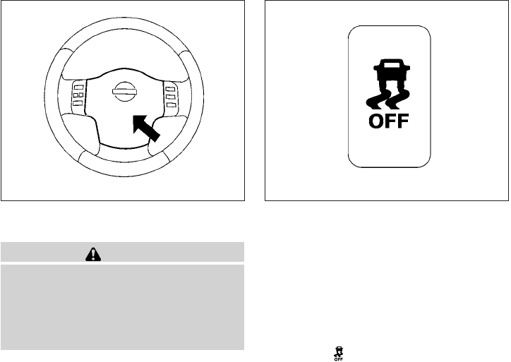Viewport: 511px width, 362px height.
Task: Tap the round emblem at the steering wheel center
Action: click(124, 91)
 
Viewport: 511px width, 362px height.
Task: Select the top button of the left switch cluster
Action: click(78, 87)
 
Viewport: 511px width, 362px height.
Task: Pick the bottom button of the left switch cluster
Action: click(78, 104)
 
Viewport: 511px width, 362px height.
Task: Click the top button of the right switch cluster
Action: click(170, 87)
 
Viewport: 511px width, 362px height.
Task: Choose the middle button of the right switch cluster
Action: click(170, 95)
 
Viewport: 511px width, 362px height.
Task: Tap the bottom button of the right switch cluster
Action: click(170, 104)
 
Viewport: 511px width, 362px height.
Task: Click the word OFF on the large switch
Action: click(389, 122)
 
